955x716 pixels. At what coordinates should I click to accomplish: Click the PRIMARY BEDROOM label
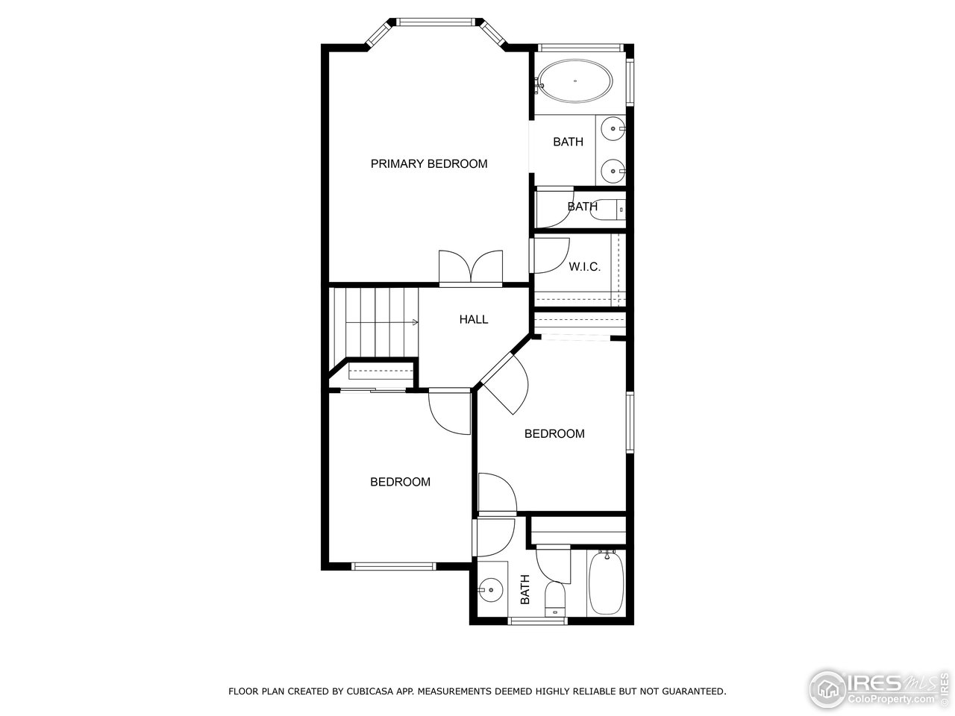(429, 163)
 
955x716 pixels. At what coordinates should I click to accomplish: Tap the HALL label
(474, 319)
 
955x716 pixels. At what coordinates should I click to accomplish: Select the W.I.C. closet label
(584, 266)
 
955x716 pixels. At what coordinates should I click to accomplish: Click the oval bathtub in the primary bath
(575, 81)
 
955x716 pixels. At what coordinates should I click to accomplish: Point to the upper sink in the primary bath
(614, 129)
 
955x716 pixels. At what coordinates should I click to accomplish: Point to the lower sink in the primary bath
(614, 171)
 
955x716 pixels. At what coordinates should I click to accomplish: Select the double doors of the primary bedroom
(471, 268)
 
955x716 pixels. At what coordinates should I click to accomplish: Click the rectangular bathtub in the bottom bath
(607, 583)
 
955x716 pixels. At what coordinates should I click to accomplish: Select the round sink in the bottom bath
(491, 590)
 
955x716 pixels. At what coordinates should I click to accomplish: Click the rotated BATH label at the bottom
(525, 589)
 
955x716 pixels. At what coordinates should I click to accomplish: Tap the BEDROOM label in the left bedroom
(400, 482)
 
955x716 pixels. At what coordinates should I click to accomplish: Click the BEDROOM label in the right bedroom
(554, 433)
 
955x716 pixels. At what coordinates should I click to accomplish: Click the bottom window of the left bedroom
(393, 566)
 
